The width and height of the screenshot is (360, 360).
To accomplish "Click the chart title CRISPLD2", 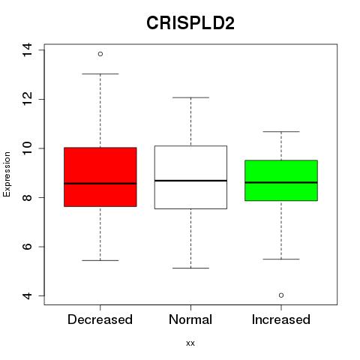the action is click(x=190, y=23).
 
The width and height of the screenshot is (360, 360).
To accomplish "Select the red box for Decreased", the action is click(x=100, y=177).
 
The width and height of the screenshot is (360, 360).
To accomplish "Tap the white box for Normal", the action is click(x=190, y=177).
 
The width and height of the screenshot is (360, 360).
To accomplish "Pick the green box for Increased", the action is click(x=281, y=181).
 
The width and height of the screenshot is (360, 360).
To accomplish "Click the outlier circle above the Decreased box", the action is click(x=100, y=54).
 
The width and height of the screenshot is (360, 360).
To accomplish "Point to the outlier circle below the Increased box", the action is click(x=281, y=295).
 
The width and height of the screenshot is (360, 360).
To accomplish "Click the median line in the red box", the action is click(x=100, y=184).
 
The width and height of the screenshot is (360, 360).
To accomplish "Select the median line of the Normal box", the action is click(x=190, y=181).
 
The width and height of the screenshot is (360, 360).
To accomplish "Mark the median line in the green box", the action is click(x=281, y=182).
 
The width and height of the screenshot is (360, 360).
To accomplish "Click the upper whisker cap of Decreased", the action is click(x=100, y=74).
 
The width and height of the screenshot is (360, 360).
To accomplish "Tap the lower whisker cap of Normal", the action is click(x=190, y=268).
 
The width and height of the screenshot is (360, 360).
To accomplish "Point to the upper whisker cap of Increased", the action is click(x=281, y=131).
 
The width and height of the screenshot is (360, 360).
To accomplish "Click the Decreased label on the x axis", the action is click(x=100, y=319).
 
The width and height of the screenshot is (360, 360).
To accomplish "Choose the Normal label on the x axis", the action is click(x=190, y=319).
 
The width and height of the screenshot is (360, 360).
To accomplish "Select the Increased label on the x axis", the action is click(x=281, y=319).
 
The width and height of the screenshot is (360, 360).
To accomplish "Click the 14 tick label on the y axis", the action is click(x=27, y=50).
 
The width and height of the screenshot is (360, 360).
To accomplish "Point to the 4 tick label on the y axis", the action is click(x=27, y=296).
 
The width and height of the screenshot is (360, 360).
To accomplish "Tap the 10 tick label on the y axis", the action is click(x=27, y=148).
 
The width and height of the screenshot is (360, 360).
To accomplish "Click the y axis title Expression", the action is click(x=7, y=174).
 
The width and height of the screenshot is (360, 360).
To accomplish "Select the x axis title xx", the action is click(x=190, y=343).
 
